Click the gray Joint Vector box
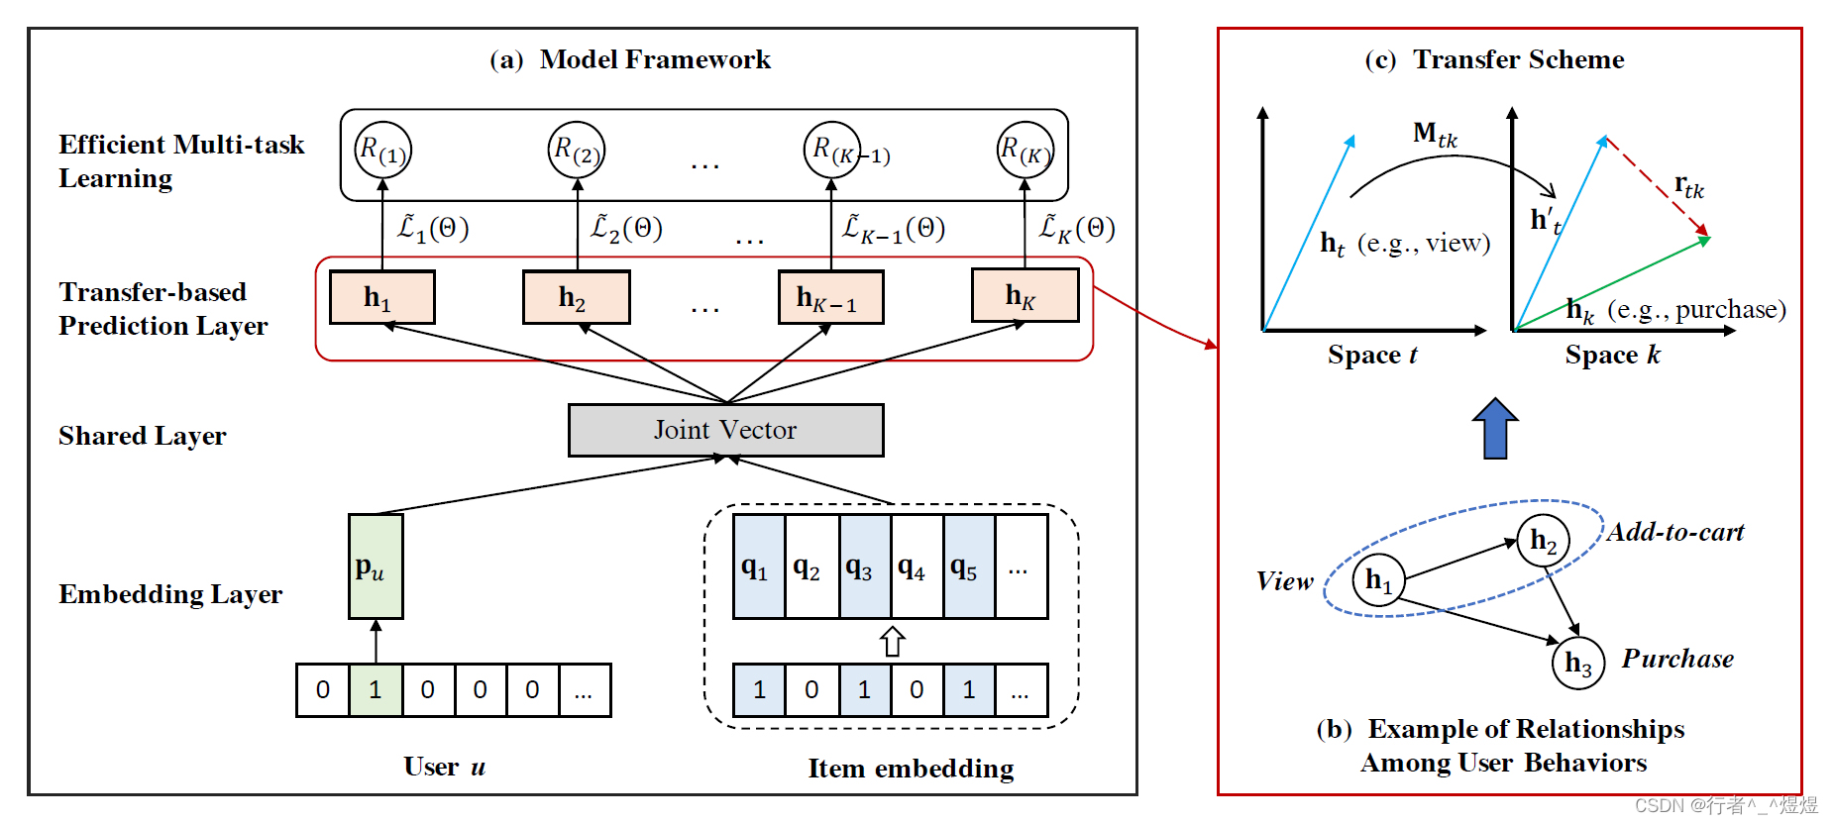click(725, 430)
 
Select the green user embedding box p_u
click(376, 566)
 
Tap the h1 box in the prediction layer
click(381, 297)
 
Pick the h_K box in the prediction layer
click(1025, 295)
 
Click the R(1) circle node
click(382, 150)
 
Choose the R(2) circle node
click(577, 150)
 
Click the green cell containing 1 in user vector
click(376, 690)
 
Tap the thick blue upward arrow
click(1495, 428)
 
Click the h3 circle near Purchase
click(1577, 663)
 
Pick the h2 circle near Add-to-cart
click(1543, 541)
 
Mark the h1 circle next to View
click(1378, 580)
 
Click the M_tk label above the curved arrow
click(1435, 134)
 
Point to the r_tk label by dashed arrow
click(1688, 185)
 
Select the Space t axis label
click(1372, 355)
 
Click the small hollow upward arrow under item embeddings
click(892, 642)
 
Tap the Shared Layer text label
click(143, 436)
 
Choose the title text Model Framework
click(655, 59)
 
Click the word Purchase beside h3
click(1677, 659)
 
